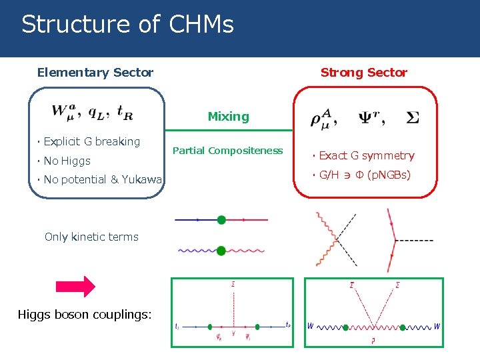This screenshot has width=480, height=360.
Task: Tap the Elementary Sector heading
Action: coord(95,73)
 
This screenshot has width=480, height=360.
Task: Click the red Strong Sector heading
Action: coord(363,73)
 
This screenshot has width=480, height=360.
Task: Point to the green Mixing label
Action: coord(228,117)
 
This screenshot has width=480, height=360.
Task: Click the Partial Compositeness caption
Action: coord(227,151)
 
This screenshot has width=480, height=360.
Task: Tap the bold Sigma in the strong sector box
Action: coord(413,117)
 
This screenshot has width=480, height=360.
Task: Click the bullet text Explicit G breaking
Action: coord(91,141)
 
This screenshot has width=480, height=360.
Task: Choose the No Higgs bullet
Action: coord(67,161)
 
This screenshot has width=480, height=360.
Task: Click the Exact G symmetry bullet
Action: coord(366,156)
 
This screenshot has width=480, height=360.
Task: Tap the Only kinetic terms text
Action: coord(91,237)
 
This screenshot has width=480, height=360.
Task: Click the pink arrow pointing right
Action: coord(75,285)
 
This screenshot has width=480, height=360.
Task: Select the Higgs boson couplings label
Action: coord(85,314)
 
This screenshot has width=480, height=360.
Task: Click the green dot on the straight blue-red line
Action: coord(221,219)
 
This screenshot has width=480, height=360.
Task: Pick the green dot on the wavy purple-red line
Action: coord(221,251)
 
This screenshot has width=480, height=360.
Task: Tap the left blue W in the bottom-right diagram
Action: coord(311,327)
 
